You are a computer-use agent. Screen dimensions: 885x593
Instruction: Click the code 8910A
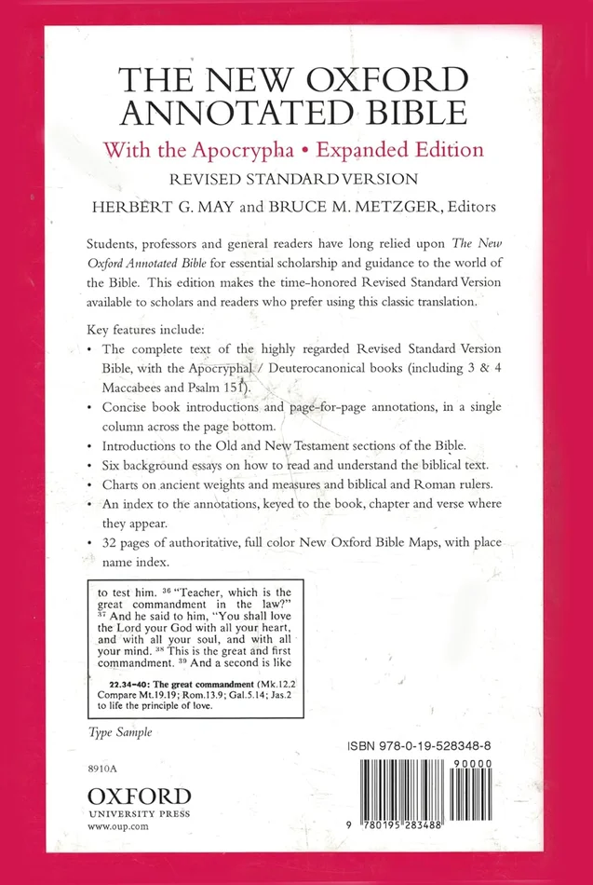coord(101,774)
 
